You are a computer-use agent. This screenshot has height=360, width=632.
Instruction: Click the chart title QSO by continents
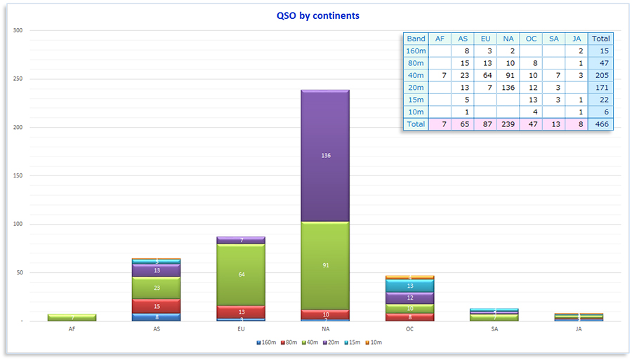click(x=317, y=15)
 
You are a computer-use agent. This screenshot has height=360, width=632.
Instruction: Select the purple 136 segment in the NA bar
click(x=324, y=155)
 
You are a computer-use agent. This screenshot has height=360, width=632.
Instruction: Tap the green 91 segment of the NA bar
click(x=324, y=265)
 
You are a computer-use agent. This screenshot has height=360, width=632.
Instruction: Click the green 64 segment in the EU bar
click(x=241, y=274)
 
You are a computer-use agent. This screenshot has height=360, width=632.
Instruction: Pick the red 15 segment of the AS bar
click(x=157, y=307)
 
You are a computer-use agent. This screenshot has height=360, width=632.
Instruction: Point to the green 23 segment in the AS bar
click(x=157, y=288)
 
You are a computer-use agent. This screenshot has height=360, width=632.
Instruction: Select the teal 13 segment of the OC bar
click(x=409, y=286)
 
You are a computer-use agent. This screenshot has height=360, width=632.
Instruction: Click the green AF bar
click(x=72, y=318)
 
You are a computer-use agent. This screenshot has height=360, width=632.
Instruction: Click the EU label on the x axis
click(x=241, y=328)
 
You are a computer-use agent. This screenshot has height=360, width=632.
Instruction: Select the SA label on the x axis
click(x=494, y=328)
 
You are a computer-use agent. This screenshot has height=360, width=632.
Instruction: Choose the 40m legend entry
click(x=310, y=342)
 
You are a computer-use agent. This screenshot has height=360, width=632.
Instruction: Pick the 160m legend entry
click(x=267, y=342)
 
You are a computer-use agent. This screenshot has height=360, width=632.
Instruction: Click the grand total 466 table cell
click(x=600, y=124)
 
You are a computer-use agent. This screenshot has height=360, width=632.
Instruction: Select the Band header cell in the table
click(x=416, y=39)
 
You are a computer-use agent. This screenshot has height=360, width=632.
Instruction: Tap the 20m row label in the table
click(x=416, y=88)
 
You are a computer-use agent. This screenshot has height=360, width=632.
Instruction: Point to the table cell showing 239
click(x=508, y=124)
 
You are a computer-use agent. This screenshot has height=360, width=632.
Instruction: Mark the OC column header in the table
click(x=532, y=39)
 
